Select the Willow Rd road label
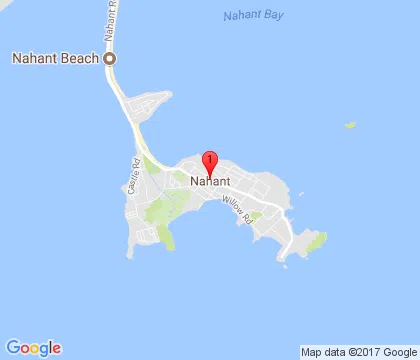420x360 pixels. coord(237,209)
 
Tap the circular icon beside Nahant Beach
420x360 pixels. coord(110,58)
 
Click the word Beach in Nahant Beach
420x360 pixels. coord(81,58)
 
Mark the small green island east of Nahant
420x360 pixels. coord(350,126)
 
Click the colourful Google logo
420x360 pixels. coord(33,347)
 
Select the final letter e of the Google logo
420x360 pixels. coord(56,347)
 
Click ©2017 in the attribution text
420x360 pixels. coord(362,351)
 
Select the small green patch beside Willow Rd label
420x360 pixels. coord(256,215)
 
